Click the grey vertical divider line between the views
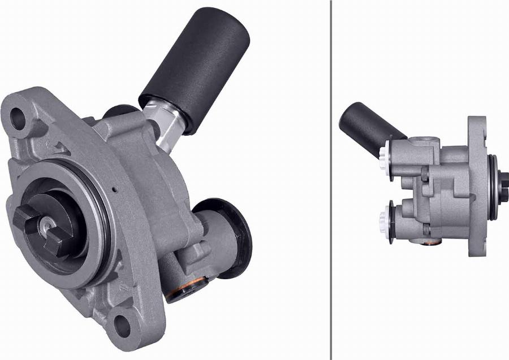coord(330,180)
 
